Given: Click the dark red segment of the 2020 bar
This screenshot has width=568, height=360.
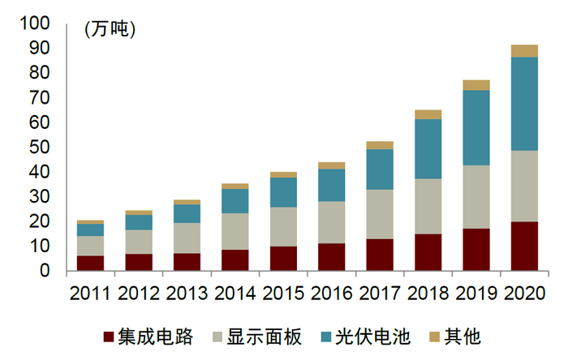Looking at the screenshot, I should tap(524, 246).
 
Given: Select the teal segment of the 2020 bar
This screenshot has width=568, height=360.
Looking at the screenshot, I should tap(524, 104).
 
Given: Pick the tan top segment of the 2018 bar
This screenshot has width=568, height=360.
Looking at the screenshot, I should tap(428, 114).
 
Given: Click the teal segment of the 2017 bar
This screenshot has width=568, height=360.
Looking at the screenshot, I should tap(381, 169).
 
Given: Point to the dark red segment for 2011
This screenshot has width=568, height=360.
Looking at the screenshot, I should tap(90, 263).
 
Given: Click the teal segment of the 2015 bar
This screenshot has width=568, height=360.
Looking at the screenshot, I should tap(283, 192).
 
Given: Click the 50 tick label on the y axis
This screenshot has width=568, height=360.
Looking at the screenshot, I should tap(39, 147).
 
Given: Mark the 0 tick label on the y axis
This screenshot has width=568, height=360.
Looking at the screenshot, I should tap(45, 270).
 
